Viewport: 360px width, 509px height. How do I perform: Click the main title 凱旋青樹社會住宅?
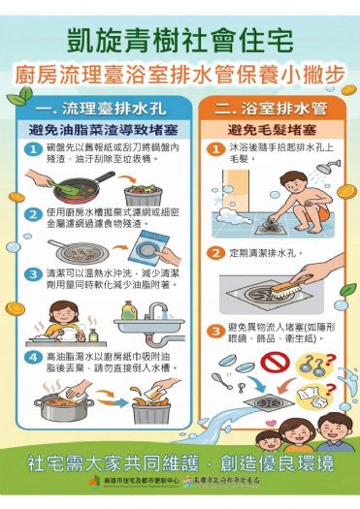pyautogui.click(x=180, y=40)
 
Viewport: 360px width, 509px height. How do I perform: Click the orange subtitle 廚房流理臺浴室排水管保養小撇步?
pyautogui.click(x=180, y=74)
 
